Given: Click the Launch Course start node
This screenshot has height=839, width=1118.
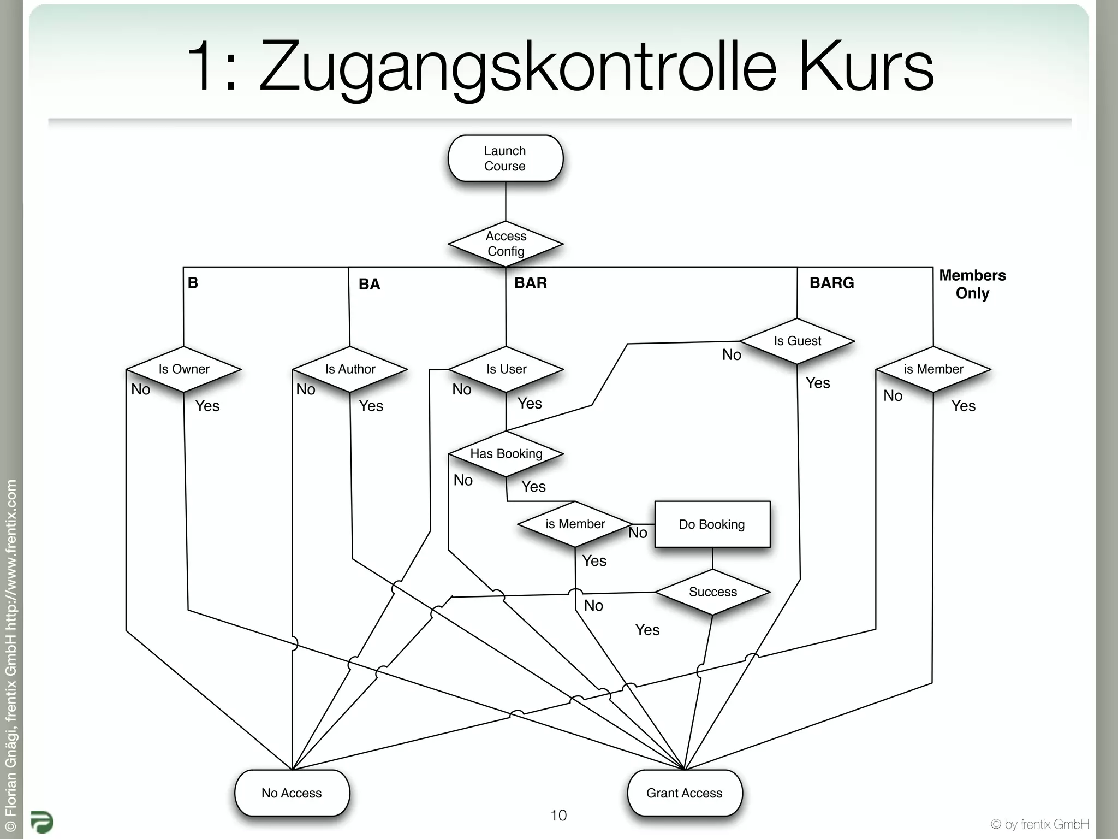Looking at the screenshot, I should (x=505, y=158).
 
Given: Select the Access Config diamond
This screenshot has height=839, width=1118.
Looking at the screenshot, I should (x=506, y=244).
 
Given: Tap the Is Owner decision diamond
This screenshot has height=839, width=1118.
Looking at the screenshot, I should (x=183, y=369).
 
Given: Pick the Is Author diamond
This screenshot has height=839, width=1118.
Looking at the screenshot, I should (x=350, y=369).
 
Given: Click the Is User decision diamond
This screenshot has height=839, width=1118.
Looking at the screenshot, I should (x=506, y=369).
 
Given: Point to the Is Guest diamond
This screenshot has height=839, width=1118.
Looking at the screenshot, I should (x=797, y=341).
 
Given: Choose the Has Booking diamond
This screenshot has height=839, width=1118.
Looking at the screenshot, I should (x=506, y=454).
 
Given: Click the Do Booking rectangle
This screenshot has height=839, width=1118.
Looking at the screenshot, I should (x=712, y=524).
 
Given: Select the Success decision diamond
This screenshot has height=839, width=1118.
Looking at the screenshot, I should (x=712, y=592).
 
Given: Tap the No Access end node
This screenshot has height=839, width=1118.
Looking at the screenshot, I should (x=292, y=793).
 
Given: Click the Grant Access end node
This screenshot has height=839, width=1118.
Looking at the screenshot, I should (x=685, y=793).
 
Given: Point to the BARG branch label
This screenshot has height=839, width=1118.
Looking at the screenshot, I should (x=831, y=283).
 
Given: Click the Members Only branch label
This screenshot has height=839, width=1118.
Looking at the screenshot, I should (x=972, y=284).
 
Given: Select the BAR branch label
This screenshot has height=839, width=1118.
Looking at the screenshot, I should (x=530, y=283).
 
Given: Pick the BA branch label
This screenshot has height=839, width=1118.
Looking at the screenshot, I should (x=369, y=284).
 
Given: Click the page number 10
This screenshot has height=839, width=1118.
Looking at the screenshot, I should (x=558, y=815).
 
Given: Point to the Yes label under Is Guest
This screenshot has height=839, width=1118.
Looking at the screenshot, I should (x=818, y=383).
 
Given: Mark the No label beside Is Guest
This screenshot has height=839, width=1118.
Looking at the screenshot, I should (x=732, y=355).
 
